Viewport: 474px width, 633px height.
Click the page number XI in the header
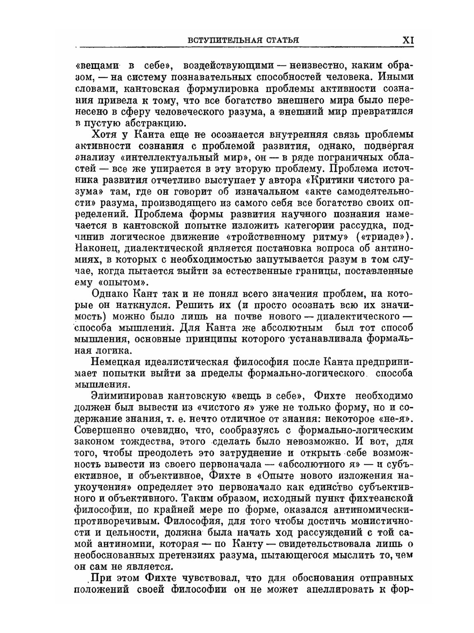[x=408, y=40]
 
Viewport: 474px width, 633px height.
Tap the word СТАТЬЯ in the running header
[x=282, y=40]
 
